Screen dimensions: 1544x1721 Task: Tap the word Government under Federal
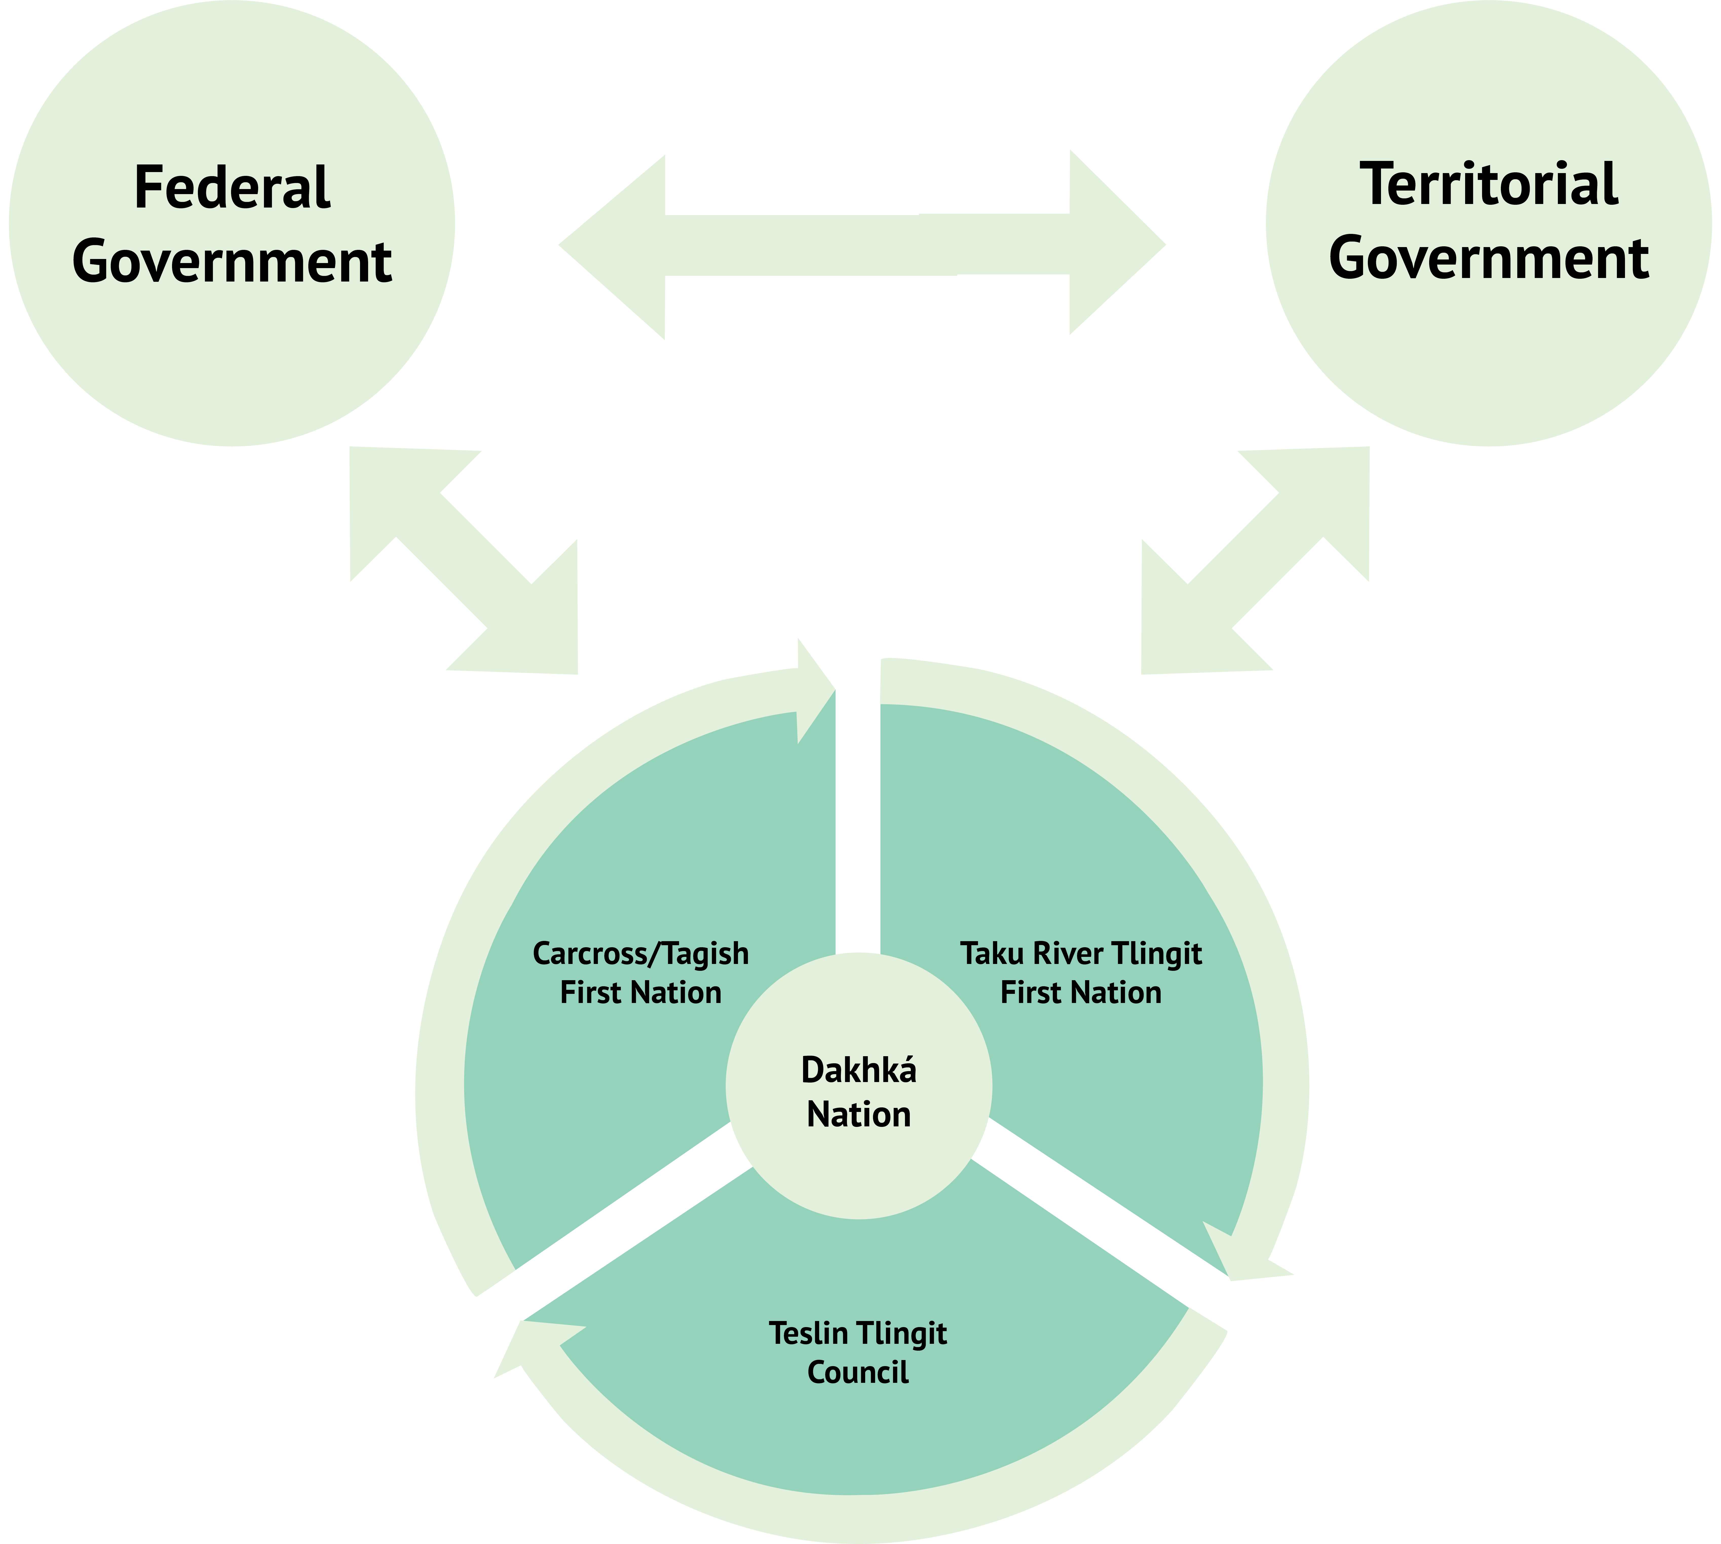pyautogui.click(x=232, y=262)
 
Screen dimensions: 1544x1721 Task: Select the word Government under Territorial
pyautogui.click(x=1489, y=259)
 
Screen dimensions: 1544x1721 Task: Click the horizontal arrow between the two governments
pyautogui.click(x=862, y=245)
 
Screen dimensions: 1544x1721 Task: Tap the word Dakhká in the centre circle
pyautogui.click(x=858, y=1071)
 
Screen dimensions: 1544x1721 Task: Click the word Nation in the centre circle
pyautogui.click(x=858, y=1115)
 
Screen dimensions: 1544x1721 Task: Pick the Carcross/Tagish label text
pyautogui.click(x=640, y=954)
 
